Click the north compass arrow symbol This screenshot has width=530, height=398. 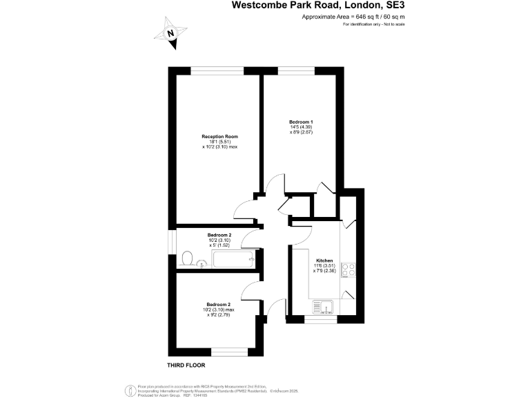coord(173,35)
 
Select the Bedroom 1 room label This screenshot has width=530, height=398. coord(296,122)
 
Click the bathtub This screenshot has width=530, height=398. coord(233,260)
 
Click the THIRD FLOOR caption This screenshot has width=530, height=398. coord(186,365)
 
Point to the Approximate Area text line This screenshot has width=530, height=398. coord(353,16)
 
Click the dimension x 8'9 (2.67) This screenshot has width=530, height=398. coord(296,132)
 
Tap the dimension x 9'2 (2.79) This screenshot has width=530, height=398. coord(219,314)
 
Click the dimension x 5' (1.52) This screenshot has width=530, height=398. coord(219,245)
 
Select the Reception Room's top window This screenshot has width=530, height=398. coord(216,69)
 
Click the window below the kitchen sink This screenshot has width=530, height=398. coord(321,320)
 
